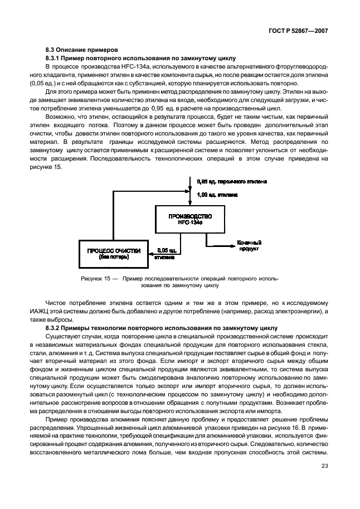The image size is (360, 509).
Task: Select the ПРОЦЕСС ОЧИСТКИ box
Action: (114, 254)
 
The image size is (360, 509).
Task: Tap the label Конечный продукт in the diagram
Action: (250, 245)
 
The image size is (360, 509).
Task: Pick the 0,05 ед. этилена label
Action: (167, 254)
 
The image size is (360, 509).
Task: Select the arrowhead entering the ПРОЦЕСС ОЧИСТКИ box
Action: (153, 254)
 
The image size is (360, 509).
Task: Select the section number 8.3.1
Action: (55, 58)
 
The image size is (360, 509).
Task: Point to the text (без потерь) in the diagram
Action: (114, 258)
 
